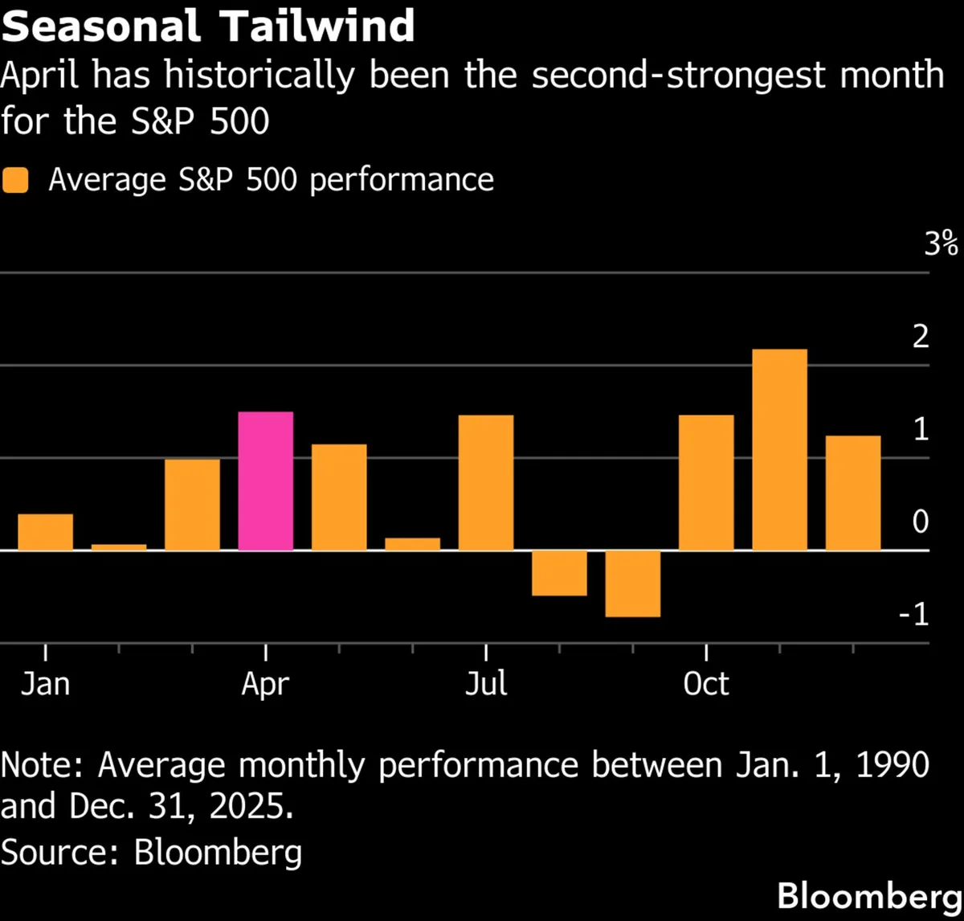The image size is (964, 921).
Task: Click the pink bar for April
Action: point(266,481)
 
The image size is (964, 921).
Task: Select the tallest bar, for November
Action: point(779,449)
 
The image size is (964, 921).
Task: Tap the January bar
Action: point(46,532)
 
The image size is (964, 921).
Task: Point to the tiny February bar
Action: point(119,547)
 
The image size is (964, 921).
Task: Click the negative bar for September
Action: point(633,583)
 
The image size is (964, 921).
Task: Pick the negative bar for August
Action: point(559,573)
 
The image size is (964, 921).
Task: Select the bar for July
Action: point(486,482)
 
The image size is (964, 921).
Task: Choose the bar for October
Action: point(706,482)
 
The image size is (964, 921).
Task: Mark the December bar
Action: point(853,493)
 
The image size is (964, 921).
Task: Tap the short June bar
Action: point(413,544)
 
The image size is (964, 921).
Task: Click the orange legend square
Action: point(16,180)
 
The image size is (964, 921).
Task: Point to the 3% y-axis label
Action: point(941,244)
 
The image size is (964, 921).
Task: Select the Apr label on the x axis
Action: point(266,685)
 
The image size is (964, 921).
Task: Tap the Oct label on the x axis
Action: point(706,685)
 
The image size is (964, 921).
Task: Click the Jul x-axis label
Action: point(486,685)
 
